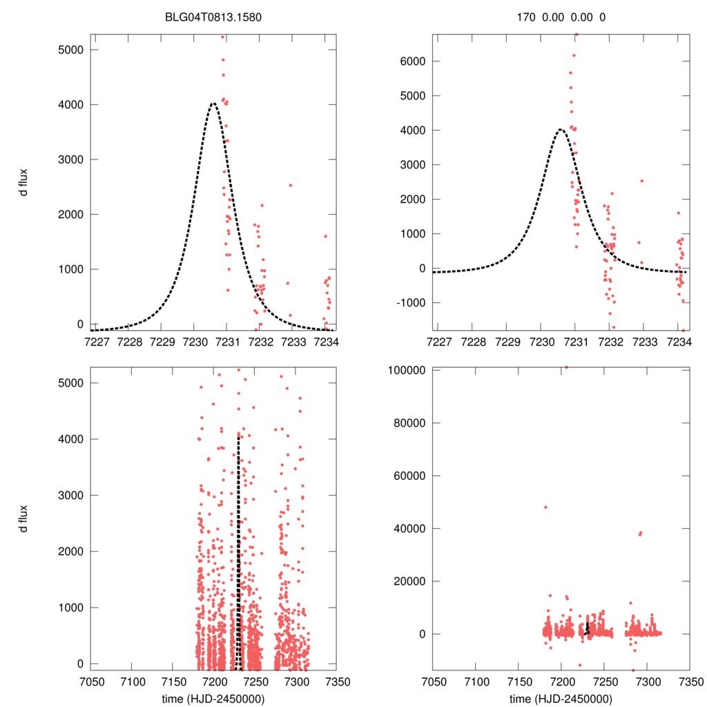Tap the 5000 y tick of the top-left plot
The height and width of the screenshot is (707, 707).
coord(70,50)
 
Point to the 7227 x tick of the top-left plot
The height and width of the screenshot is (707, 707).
coord(97,342)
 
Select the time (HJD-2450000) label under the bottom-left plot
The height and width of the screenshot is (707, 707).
coord(213,698)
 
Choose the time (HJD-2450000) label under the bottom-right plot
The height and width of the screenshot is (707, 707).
coord(561,698)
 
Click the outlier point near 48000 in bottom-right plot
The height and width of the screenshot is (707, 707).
coord(545,507)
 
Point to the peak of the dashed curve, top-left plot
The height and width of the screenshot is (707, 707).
coord(213,104)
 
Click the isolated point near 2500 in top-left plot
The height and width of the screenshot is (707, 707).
coord(290,185)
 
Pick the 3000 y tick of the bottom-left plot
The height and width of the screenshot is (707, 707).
coord(70,495)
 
